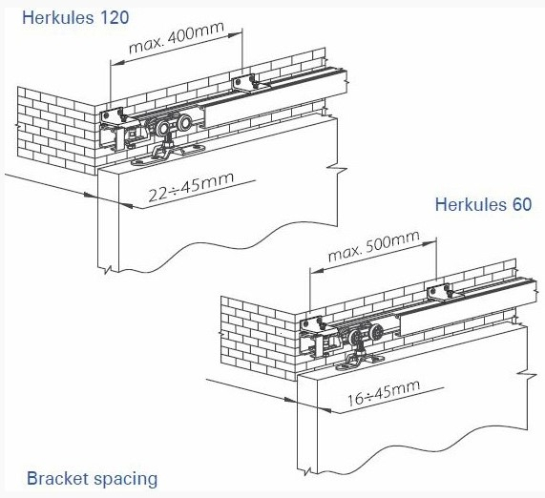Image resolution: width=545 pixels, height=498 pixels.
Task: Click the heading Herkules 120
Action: (75, 18)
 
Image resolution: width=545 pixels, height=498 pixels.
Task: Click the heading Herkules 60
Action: (483, 204)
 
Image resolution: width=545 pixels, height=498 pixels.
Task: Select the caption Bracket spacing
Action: (93, 479)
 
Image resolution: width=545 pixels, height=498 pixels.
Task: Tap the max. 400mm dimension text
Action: (177, 38)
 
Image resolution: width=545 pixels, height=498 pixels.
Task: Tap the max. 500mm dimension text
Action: (373, 246)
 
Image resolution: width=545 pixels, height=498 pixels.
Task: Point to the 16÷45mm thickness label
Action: (384, 393)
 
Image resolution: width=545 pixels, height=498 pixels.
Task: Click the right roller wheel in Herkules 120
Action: (183, 123)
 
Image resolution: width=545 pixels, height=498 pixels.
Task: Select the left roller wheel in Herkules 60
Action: (356, 337)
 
